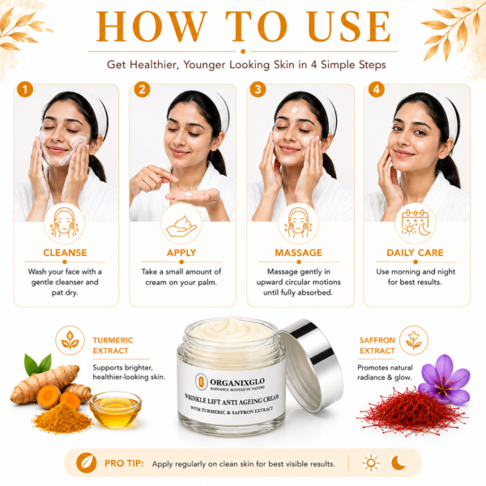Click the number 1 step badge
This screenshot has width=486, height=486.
point(25,89)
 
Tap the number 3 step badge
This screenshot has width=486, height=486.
point(258,89)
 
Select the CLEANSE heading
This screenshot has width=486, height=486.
point(65,253)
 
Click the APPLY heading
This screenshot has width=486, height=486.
point(181,253)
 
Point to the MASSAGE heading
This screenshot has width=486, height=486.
point(298,253)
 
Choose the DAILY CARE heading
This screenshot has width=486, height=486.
point(415,253)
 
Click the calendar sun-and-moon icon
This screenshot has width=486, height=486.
point(416,223)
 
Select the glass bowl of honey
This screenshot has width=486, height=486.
point(116,409)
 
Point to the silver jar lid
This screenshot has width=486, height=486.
point(311,365)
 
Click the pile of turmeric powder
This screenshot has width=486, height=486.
point(63,418)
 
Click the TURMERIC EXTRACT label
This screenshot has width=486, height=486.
point(113,345)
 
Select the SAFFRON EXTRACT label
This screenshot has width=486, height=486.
point(377,345)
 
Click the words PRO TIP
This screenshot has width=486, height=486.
point(124,463)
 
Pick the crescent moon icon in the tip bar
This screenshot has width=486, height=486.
point(399,463)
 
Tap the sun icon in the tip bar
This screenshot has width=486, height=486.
point(371,463)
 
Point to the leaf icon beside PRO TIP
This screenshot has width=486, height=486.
point(87,463)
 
